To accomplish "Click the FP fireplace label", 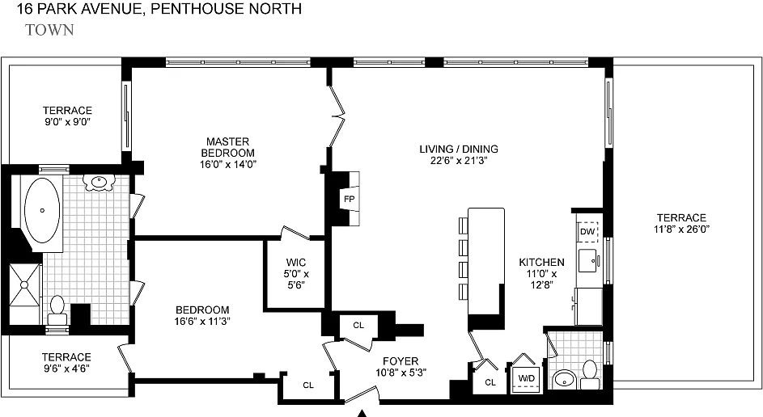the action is click(349, 199).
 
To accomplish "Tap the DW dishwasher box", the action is click(587, 232).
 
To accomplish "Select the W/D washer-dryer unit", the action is click(527, 378).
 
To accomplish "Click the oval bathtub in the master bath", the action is click(42, 210).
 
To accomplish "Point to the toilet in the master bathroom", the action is click(57, 311).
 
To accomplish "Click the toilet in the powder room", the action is click(590, 375).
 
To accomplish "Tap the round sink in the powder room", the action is click(565, 379).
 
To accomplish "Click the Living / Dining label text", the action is click(459, 149).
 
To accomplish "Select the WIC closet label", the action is click(296, 263).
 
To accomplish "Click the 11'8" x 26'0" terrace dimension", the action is click(681, 229).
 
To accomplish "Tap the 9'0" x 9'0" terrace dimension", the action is click(67, 121).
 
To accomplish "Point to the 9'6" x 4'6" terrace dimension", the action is click(66, 368).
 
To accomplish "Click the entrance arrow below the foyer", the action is click(362, 414).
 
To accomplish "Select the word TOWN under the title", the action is click(49, 30).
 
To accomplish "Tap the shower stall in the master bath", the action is click(25, 294).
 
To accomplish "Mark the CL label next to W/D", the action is click(490, 382).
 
